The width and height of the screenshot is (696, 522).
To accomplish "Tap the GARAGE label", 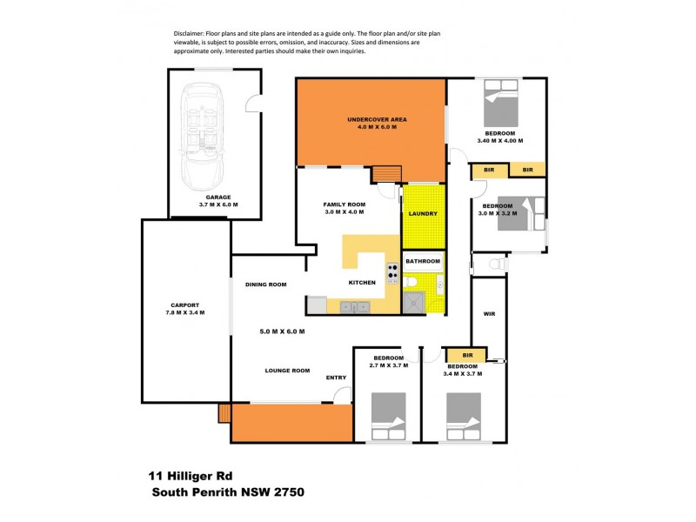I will click(x=217, y=197).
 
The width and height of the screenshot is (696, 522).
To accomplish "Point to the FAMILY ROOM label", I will click(x=344, y=204).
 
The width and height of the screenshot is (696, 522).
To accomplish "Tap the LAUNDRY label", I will click(x=423, y=213).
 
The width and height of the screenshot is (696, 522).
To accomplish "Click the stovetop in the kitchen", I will click(x=392, y=274).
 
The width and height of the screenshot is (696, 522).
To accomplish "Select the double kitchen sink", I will click(x=355, y=306).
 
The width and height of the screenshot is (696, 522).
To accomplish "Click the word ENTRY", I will click(x=336, y=378).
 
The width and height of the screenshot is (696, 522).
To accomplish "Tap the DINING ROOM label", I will click(x=265, y=284).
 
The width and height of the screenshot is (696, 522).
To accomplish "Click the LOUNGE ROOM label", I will click(x=287, y=371).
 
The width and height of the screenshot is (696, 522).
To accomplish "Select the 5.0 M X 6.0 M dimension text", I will click(x=282, y=331).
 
